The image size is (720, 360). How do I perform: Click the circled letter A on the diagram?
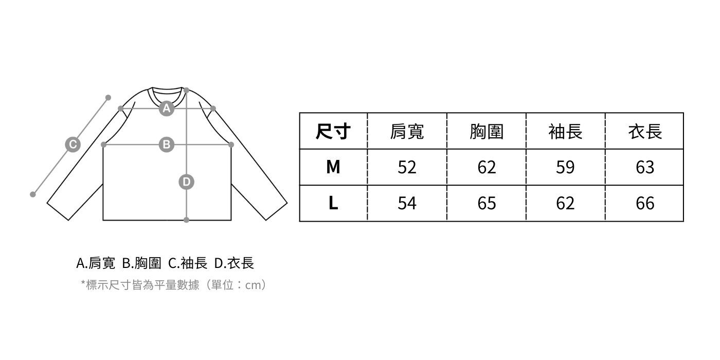click(166, 109)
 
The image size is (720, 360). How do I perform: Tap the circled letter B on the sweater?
click(166, 145)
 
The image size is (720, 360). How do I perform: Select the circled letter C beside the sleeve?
click(73, 145)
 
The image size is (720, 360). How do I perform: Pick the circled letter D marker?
click(186, 182)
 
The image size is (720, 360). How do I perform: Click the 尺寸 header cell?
click(333, 132)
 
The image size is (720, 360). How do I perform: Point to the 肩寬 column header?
click(407, 132)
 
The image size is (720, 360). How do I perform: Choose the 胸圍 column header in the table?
click(486, 132)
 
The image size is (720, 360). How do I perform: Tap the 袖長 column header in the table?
click(565, 132)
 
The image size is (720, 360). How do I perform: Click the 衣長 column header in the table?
click(645, 132)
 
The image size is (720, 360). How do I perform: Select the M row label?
click(333, 167)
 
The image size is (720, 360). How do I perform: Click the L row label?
click(333, 203)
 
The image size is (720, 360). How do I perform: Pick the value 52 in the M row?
click(407, 167)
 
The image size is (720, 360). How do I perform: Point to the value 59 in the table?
click(565, 167)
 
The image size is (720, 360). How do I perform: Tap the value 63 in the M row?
click(645, 167)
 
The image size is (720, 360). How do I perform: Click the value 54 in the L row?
click(407, 203)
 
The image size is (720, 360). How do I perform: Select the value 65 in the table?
click(486, 203)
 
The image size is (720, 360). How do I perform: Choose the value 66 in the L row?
click(645, 203)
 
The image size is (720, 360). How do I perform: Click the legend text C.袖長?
click(188, 263)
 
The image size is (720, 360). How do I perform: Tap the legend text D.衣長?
click(234, 263)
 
